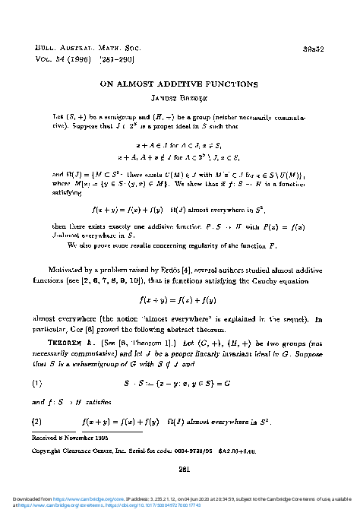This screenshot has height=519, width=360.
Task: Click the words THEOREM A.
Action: coord(72,373)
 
